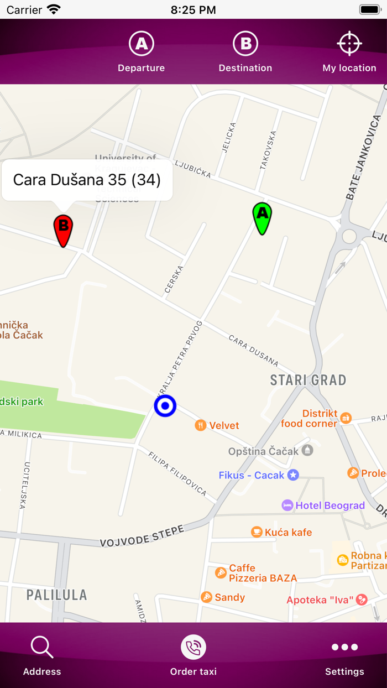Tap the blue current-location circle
point(165,406)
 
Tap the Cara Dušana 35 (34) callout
point(87,180)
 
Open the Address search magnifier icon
point(42,647)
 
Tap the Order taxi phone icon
point(193,647)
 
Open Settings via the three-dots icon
point(344,647)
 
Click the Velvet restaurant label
point(224,425)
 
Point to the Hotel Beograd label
point(330,505)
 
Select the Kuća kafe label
point(288,532)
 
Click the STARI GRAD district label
point(308,380)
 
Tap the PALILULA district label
point(57,595)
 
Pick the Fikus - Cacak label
point(252,475)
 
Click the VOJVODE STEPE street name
point(142,536)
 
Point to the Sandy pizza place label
point(229,597)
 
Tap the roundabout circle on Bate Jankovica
point(349,237)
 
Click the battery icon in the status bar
point(370,9)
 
